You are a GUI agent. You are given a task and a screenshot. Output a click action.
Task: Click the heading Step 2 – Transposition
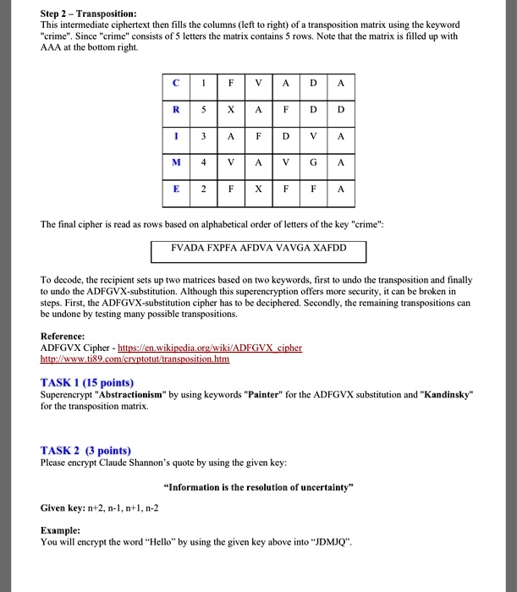tap(89, 14)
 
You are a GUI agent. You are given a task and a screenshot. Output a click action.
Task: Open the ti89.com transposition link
tap(135, 359)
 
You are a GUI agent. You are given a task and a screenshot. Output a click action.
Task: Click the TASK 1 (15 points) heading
tap(86, 381)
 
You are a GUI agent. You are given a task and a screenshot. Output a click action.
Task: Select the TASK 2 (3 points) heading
tap(85, 451)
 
